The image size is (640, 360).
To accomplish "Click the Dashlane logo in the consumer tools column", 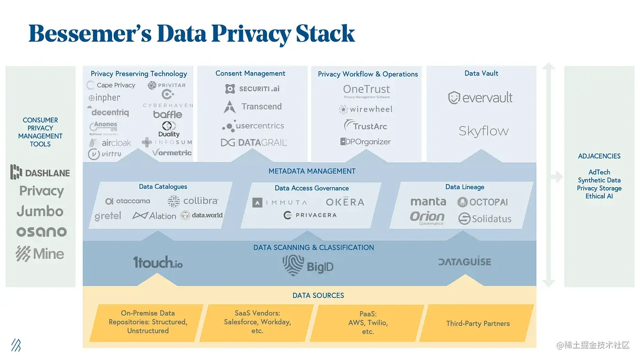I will point(40,172).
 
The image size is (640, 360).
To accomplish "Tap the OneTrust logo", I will point(367,90).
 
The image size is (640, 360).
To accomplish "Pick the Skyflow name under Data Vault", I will point(484,131).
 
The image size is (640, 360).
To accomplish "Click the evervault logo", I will point(480,97).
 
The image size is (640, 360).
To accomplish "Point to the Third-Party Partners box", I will point(478,323).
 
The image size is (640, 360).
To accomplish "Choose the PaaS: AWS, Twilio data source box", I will point(368,323).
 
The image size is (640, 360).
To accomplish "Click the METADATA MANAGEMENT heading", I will point(312,171).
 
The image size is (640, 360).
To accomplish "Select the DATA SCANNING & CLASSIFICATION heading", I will point(314,248).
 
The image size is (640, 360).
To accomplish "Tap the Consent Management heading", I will point(250,74).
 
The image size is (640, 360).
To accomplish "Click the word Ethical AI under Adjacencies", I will point(599,196).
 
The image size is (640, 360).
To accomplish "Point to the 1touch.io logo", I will point(158,262).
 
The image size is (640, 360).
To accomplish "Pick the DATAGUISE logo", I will point(464,262).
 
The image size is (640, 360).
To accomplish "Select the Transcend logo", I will point(253,107).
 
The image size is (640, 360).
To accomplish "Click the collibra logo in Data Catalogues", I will point(193,201).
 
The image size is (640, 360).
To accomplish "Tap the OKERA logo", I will point(345,202).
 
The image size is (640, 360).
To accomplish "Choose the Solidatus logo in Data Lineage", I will point(485,219).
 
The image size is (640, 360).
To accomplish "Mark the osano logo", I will point(41,232).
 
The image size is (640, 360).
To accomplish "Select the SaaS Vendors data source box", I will point(257,322).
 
